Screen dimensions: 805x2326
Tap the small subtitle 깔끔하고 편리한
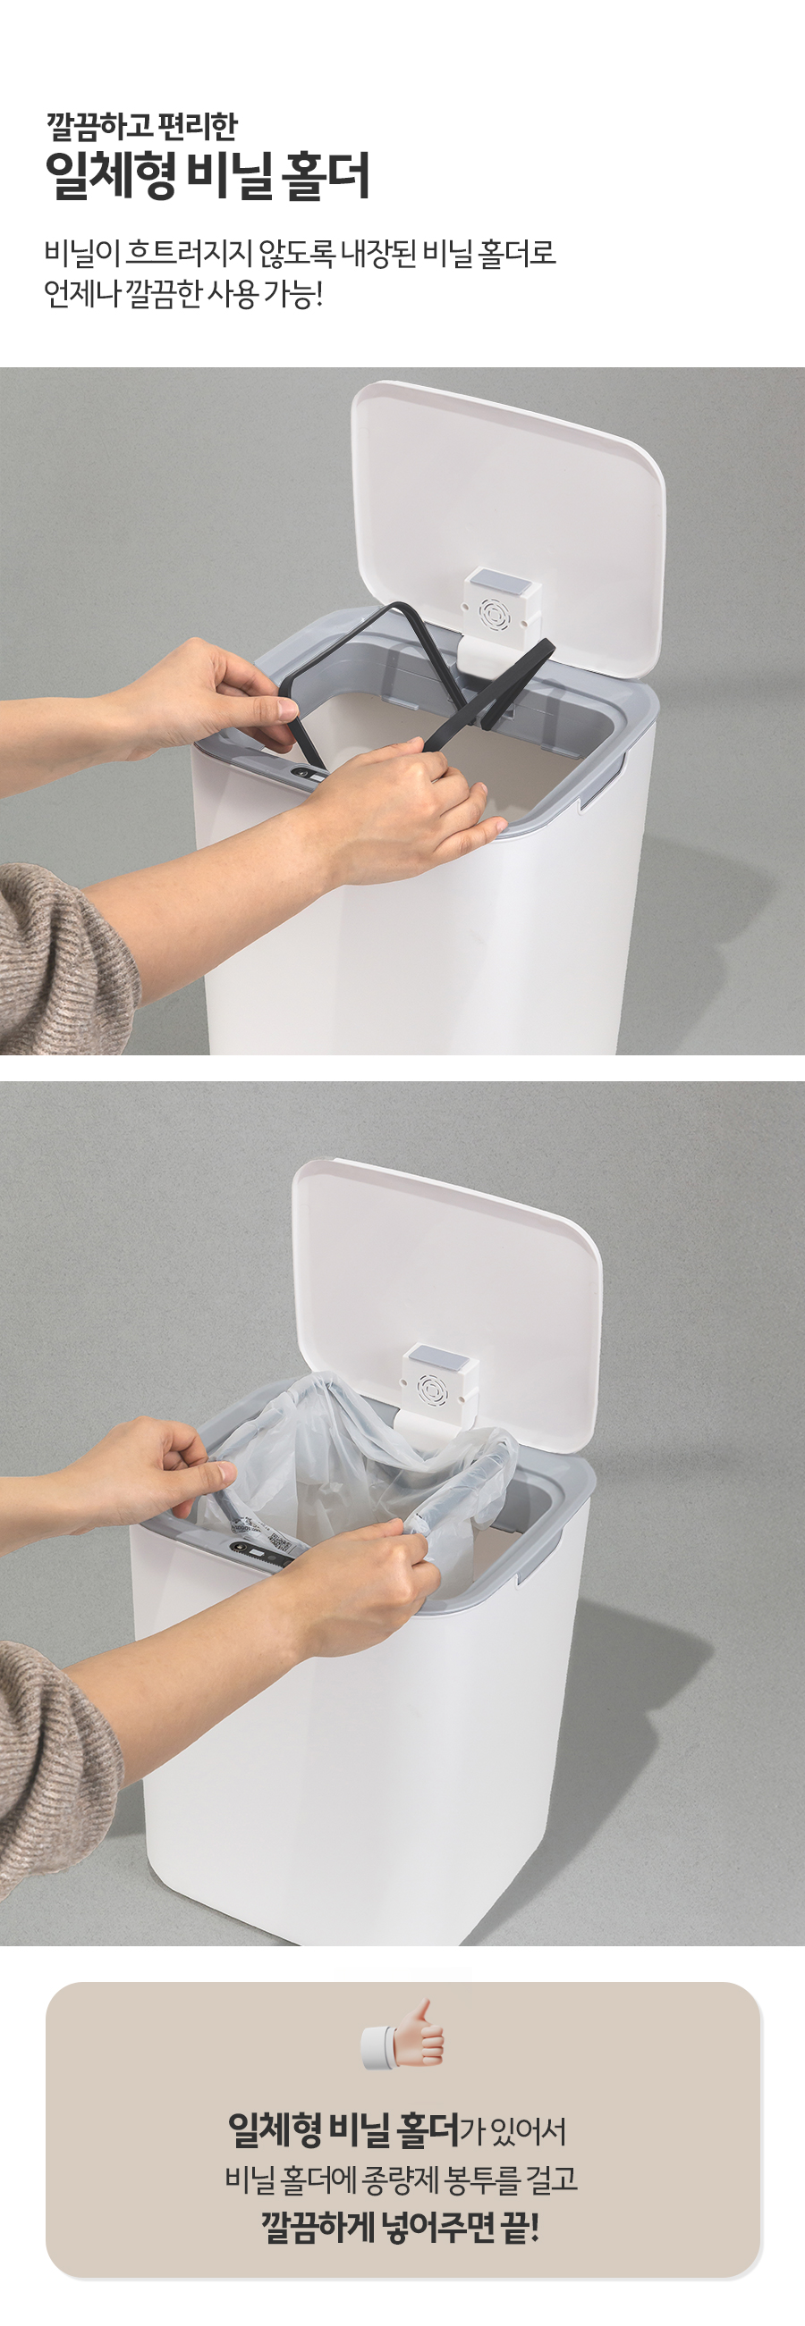(142, 125)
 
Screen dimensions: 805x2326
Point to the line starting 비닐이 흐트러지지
(300, 253)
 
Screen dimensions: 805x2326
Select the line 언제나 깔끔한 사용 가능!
(183, 293)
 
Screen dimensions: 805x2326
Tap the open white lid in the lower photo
(446, 1303)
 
